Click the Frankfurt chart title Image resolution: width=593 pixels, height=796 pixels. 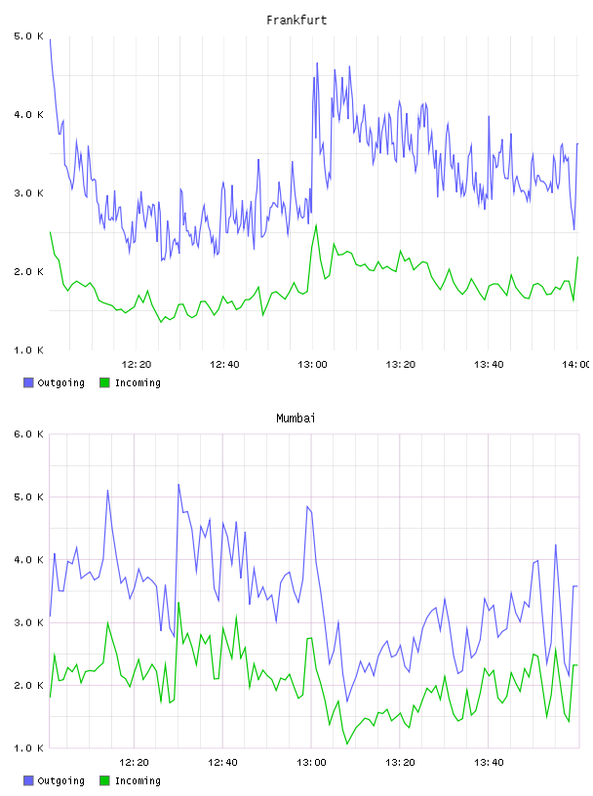pos(296,20)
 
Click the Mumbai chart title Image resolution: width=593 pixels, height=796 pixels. pos(296,418)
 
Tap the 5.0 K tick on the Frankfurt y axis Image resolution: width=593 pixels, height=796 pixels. pos(29,36)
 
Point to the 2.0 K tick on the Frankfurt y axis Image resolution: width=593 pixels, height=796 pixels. pos(29,272)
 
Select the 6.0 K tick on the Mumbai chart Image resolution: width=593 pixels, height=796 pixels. pos(29,434)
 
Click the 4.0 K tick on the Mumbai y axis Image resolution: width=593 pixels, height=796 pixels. pos(29,560)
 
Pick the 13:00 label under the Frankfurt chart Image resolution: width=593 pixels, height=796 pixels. pos(312,365)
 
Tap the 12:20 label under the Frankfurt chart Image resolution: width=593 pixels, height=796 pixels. pos(137,365)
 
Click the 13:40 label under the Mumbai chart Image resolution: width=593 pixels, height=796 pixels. pos(489,763)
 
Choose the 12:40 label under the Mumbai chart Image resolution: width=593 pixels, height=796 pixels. pos(222,763)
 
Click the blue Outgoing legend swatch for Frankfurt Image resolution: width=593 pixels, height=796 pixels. pos(28,382)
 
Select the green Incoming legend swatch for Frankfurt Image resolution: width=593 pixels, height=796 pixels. pos(104,382)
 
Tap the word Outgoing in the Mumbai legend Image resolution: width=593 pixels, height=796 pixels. pos(60,780)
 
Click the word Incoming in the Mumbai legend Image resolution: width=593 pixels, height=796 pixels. pos(138,780)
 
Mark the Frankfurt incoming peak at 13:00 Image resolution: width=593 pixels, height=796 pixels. pos(316,225)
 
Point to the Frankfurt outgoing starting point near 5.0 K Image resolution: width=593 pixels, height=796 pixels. pos(51,40)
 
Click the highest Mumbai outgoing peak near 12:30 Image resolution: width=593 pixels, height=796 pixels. pos(178,484)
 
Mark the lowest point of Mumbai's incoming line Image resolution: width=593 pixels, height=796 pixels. pos(347,743)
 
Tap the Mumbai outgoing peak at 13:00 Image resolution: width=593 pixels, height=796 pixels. pos(307,506)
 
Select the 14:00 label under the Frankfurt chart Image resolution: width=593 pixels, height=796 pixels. pos(576,365)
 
